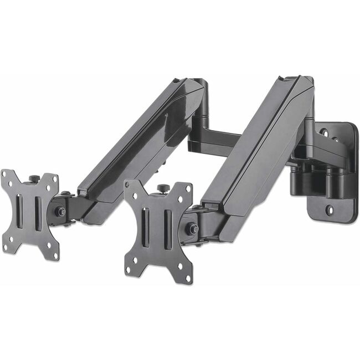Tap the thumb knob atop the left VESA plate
tap(34, 178)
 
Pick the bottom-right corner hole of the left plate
tap(55, 255)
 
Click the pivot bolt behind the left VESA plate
tap(61, 212)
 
